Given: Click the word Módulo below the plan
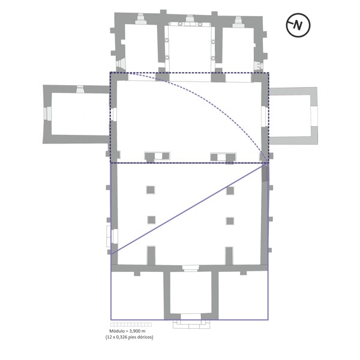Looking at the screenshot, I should [x=116, y=331].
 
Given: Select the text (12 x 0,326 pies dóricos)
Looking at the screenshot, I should [x=129, y=337].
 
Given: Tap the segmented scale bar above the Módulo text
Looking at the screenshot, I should [x=129, y=325].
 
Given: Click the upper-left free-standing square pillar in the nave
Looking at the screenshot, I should [x=151, y=190].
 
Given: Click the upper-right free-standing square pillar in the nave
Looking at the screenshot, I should [x=230, y=190].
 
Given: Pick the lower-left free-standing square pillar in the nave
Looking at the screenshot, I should [x=151, y=220].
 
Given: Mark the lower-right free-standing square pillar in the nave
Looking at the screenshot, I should [x=230, y=220].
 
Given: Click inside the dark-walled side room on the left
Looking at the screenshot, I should [x=77, y=113].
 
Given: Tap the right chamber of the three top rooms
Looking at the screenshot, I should [x=238, y=47].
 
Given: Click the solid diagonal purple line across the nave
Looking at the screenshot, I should [x=189, y=208].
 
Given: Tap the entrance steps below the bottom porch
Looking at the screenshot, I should [x=190, y=324].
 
